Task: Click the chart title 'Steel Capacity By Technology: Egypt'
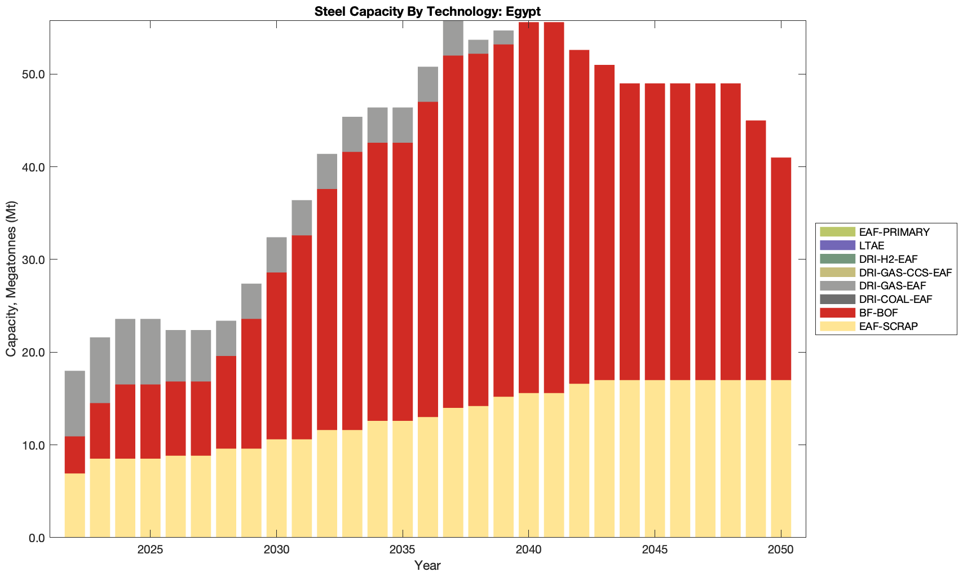(427, 11)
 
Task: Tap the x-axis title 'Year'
(427, 565)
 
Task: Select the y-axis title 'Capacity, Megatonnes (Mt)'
(11, 279)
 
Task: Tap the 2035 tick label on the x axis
(403, 550)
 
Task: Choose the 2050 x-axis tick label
(781, 550)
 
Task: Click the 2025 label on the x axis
(151, 550)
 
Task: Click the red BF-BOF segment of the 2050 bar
(781, 269)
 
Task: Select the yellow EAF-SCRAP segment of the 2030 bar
(276, 488)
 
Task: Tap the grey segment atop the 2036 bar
(428, 84)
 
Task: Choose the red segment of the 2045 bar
(655, 231)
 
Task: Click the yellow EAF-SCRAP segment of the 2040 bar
(529, 465)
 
